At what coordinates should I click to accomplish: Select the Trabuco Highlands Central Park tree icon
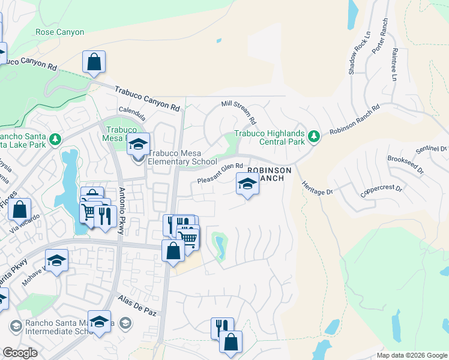pos(313,137)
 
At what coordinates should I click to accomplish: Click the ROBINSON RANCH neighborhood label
pos(270,175)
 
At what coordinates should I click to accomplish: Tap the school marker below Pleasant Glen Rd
pos(247,184)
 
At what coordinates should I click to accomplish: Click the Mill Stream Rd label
pos(239,112)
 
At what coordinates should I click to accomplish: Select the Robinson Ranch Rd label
pos(355,121)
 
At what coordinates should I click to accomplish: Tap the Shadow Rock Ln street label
pos(356,53)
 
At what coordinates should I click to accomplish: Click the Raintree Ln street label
pos(394,65)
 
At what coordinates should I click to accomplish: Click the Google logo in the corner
pos(20,353)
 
